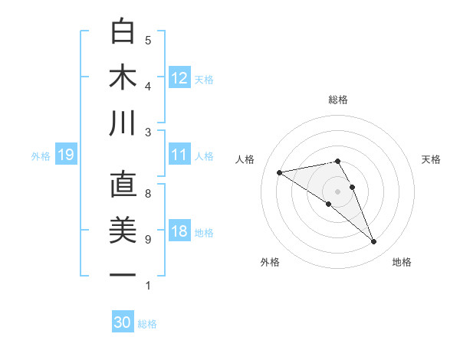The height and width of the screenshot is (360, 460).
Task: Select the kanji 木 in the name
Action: [x=123, y=78]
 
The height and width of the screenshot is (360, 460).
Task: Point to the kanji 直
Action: [x=123, y=186]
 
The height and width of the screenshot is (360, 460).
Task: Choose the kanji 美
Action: [x=123, y=231]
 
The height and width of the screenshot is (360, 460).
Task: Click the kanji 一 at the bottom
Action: [x=123, y=274]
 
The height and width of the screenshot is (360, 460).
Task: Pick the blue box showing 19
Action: [x=65, y=155]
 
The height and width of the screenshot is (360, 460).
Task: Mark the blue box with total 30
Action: [x=123, y=322]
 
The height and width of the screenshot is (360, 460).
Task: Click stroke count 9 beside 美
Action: [x=148, y=240]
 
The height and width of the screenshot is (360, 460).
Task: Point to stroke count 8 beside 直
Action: [x=148, y=194]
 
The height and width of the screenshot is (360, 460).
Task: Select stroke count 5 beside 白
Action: [x=148, y=41]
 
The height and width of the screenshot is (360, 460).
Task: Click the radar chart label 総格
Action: [x=337, y=100]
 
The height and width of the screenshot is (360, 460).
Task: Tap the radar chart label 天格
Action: [x=432, y=159]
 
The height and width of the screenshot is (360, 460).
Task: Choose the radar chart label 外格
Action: [x=269, y=262]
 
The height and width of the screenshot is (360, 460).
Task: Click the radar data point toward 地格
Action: [x=374, y=242]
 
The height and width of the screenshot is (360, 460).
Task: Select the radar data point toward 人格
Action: [x=279, y=172]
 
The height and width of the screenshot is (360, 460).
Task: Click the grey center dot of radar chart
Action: [x=337, y=191]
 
